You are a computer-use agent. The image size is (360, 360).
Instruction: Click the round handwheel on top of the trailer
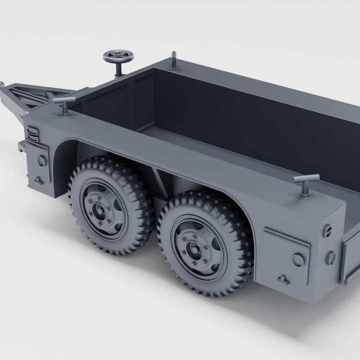pyautogui.click(x=116, y=55)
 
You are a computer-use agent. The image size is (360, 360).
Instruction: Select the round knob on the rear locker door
pyautogui.click(x=298, y=259)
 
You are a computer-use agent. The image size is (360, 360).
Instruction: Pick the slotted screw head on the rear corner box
pyautogui.click(x=328, y=231)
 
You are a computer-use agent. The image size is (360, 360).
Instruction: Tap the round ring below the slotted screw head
pyautogui.click(x=330, y=258)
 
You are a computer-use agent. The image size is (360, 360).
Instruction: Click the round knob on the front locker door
pyautogui.click(x=41, y=161)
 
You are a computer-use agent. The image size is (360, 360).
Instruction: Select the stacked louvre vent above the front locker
pyautogui.click(x=32, y=134)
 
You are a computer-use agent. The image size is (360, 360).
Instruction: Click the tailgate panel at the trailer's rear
pyautogui.click(x=350, y=260)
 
